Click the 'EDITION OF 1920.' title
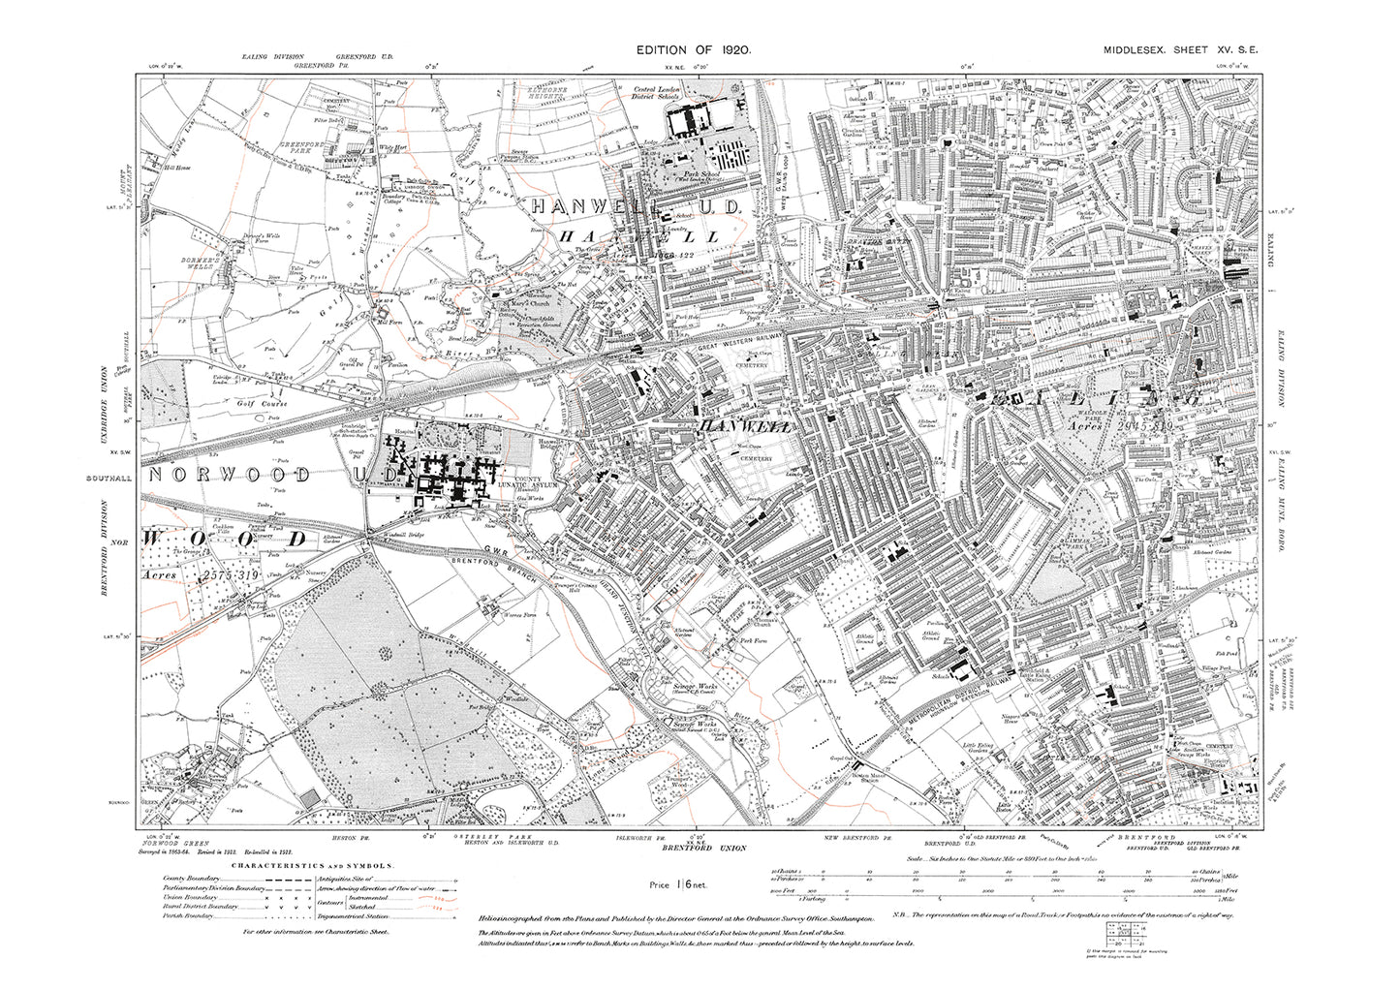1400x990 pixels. pos(693,48)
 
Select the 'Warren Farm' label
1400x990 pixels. pos(504,612)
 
